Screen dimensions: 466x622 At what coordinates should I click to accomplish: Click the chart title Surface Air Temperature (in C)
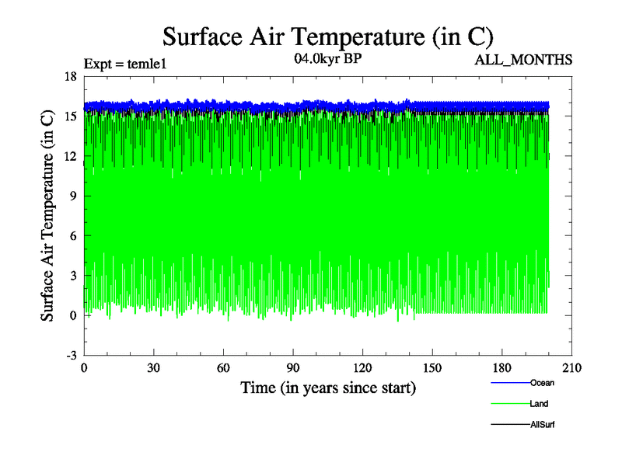click(327, 37)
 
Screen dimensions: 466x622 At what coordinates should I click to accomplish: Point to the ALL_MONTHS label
click(524, 60)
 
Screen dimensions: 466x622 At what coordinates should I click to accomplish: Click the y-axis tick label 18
click(70, 76)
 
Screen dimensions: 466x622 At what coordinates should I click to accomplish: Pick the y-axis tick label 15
click(70, 116)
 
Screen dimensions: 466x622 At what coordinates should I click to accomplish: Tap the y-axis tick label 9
click(72, 196)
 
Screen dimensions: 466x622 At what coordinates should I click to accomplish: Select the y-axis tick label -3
click(70, 355)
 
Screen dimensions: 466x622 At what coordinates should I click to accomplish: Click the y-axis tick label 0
click(72, 315)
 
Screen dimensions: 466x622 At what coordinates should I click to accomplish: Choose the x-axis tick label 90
click(293, 369)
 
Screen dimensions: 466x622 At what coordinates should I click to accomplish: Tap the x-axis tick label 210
click(571, 369)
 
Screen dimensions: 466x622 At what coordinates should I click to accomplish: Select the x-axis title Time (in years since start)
click(327, 388)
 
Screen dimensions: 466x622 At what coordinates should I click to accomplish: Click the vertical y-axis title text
click(47, 215)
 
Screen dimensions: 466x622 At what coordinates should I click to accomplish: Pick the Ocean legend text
click(543, 382)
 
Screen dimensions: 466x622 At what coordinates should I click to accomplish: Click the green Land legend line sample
click(510, 404)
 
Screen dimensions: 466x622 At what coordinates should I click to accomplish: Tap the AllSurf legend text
click(543, 425)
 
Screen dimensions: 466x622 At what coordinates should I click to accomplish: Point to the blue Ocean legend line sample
click(510, 383)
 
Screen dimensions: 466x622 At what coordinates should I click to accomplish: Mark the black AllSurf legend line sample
click(510, 425)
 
